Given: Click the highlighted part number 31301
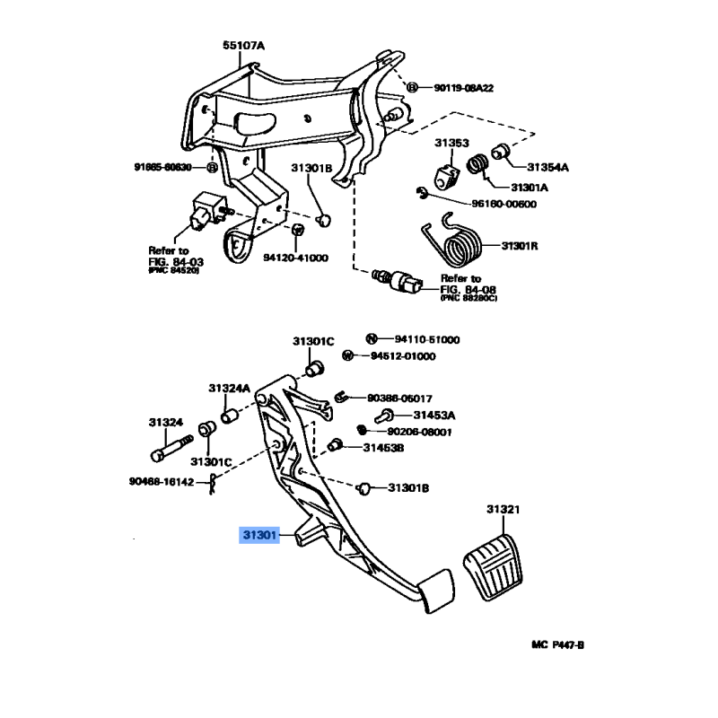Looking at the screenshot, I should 259,536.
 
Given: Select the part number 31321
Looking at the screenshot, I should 503,510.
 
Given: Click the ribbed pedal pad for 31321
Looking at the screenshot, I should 496,571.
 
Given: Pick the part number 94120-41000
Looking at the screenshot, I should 295,258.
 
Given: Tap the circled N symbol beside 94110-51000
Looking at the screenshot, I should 370,339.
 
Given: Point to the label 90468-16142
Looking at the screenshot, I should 162,482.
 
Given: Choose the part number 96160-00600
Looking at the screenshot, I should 490,204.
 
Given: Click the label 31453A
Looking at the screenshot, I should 434,415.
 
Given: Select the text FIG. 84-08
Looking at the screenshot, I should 473,288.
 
